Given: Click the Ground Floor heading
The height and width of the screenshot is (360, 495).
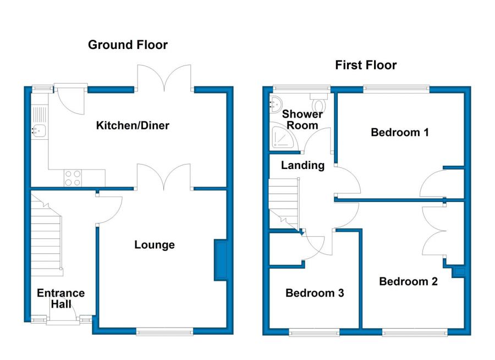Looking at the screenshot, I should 128,45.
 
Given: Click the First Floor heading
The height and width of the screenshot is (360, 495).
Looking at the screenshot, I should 366,66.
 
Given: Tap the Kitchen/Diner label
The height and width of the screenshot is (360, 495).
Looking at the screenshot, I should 133,126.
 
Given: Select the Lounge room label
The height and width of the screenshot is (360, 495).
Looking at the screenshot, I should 155,245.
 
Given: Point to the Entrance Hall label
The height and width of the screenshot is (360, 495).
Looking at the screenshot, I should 61,298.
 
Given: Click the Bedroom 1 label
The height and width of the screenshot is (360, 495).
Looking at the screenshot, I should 400,132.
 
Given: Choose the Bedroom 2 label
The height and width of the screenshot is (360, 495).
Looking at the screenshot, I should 408,281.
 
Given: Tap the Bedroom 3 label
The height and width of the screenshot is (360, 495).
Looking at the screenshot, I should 315,293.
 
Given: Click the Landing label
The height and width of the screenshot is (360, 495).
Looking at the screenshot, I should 302,165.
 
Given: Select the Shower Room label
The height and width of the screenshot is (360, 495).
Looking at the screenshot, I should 302,119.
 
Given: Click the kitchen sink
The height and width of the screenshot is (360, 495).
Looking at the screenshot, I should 39,131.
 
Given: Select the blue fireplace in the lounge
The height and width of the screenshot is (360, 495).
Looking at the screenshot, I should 221,261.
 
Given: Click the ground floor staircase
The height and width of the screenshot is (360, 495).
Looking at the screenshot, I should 46,237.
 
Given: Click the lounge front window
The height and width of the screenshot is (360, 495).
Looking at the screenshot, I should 164,331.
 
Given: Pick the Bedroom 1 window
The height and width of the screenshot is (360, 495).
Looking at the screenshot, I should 396,88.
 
